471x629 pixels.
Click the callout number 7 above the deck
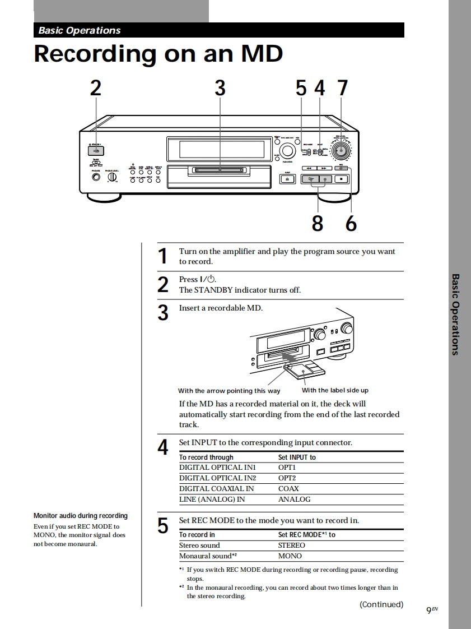tap(342, 88)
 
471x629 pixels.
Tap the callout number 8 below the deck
tap(317, 223)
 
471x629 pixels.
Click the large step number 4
tap(162, 447)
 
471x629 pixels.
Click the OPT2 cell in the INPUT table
tap(287, 478)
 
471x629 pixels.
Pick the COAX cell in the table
tap(288, 489)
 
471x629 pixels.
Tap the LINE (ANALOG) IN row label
tap(212, 499)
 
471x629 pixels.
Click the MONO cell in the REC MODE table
tap(290, 556)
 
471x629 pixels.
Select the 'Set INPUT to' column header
tap(297, 457)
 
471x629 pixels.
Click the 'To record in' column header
tap(197, 535)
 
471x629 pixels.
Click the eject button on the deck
tap(287, 179)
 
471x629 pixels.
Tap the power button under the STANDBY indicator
tap(96, 150)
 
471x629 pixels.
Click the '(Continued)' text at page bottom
tap(381, 604)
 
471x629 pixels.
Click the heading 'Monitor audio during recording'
tap(81, 516)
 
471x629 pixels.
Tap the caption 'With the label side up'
tap(335, 390)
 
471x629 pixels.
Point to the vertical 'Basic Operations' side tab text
tap(455, 314)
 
